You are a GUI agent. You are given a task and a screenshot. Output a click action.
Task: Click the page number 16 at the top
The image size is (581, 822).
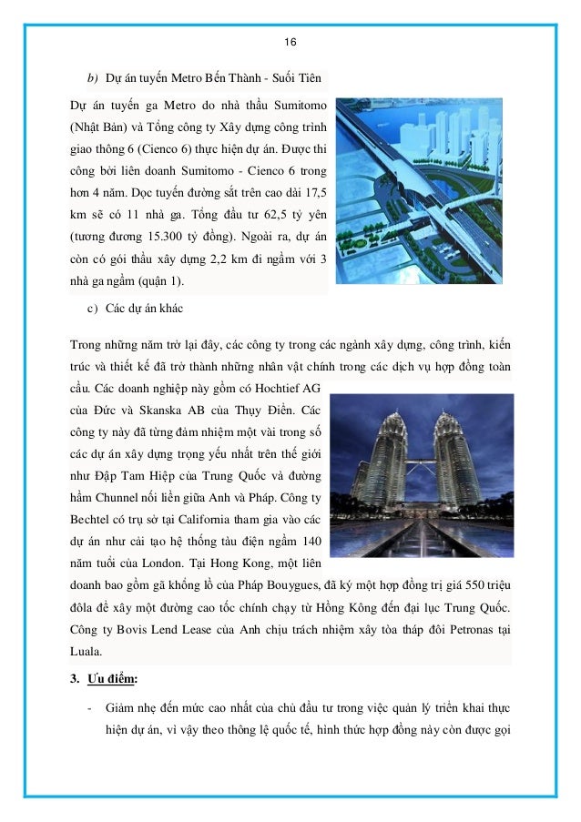click(x=290, y=43)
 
